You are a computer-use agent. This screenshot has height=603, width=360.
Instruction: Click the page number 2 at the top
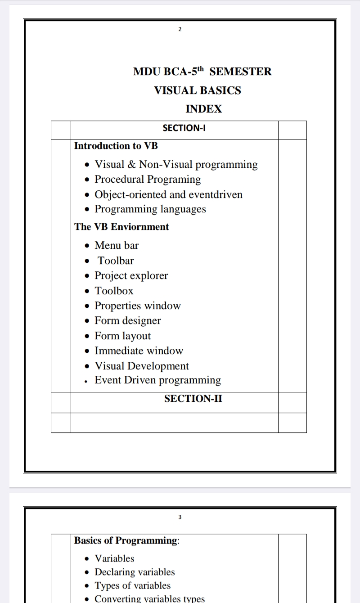pos(180,30)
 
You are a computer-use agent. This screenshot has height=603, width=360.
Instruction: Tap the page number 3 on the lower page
pos(180,517)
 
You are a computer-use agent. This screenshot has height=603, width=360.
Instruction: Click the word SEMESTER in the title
pos(241,72)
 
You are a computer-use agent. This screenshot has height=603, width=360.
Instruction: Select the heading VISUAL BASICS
pos(198,90)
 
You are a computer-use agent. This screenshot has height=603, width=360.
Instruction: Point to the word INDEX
pos(204,109)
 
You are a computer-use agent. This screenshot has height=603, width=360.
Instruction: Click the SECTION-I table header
pos(184,128)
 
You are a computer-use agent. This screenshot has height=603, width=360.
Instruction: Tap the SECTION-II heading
pos(193,399)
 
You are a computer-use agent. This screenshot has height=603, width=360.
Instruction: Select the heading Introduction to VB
pos(116,146)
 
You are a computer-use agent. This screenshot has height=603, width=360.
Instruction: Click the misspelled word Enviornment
pos(139,227)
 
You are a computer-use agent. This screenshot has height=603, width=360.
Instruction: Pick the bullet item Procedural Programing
pos(148,179)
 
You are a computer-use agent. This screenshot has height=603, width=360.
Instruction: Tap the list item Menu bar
pos(117,246)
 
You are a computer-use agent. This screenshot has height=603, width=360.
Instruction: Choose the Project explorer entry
pos(131,276)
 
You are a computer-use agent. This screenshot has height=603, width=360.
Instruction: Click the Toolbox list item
pos(114,291)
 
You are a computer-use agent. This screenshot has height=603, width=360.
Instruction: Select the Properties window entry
pos(137,306)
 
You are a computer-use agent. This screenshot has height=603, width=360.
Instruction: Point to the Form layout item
pos(122,336)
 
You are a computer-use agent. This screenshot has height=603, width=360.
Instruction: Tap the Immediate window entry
pos(139,351)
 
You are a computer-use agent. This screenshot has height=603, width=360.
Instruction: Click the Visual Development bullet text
pos(142,366)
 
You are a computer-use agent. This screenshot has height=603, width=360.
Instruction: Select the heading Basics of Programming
pos(126,540)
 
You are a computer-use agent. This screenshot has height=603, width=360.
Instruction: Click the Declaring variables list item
pos(135,572)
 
